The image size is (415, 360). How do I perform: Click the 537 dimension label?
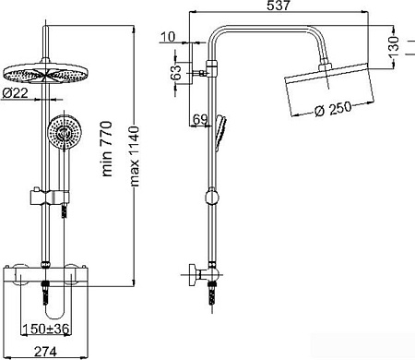click(x=279, y=6)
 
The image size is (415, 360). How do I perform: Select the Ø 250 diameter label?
click(x=333, y=109)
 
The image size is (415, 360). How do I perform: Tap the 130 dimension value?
click(x=394, y=47)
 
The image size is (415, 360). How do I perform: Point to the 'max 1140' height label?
click(x=134, y=156)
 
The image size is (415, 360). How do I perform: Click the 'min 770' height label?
click(x=107, y=149)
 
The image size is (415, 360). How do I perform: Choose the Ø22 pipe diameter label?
click(x=15, y=92)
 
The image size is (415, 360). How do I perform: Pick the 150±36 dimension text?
click(x=46, y=329)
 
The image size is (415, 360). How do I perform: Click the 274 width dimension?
click(x=45, y=352)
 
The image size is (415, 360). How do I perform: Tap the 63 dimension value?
click(x=176, y=73)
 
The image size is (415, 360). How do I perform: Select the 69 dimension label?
click(x=200, y=119)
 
